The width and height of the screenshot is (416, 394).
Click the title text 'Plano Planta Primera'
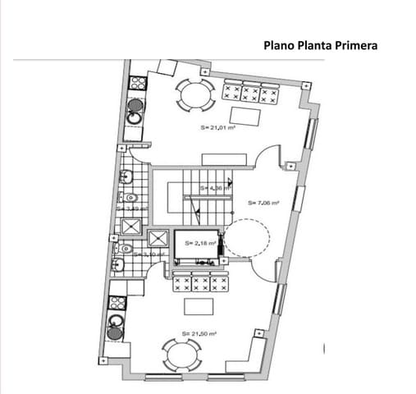[x=320, y=46]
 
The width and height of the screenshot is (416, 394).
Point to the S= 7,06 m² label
[x=263, y=203]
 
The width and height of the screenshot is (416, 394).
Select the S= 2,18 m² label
[x=199, y=243]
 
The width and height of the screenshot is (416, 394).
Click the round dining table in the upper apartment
[x=196, y=95]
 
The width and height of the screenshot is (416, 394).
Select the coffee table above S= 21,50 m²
[x=198, y=306]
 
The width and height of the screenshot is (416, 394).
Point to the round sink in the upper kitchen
[x=135, y=106]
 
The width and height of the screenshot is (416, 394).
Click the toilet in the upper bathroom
[x=130, y=198]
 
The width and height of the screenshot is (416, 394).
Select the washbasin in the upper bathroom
[x=127, y=176]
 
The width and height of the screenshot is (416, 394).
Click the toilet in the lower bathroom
[x=126, y=248]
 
